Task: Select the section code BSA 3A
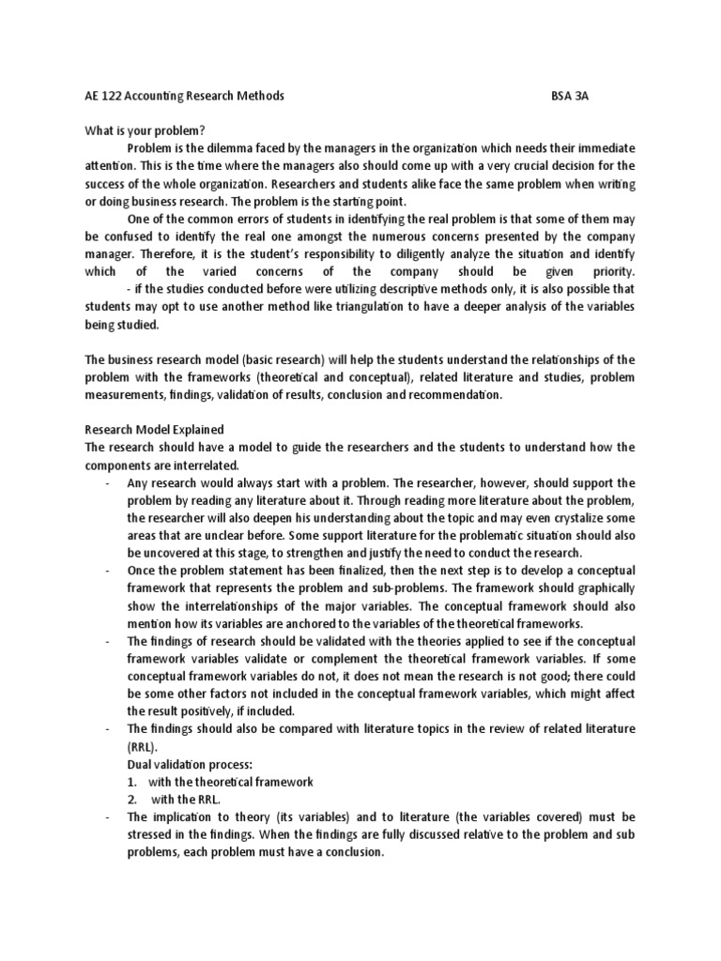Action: [572, 97]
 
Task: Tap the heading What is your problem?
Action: [138, 130]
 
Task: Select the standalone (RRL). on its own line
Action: [145, 746]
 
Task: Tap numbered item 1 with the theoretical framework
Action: [220, 781]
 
